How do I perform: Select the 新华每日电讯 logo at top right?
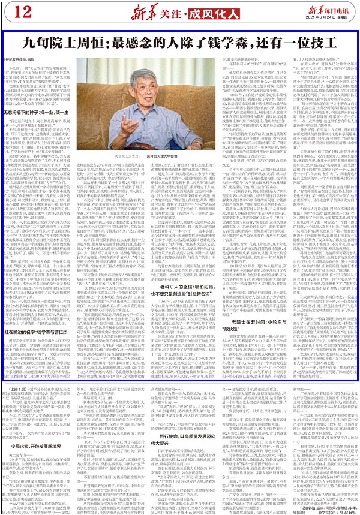tap(322, 8)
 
